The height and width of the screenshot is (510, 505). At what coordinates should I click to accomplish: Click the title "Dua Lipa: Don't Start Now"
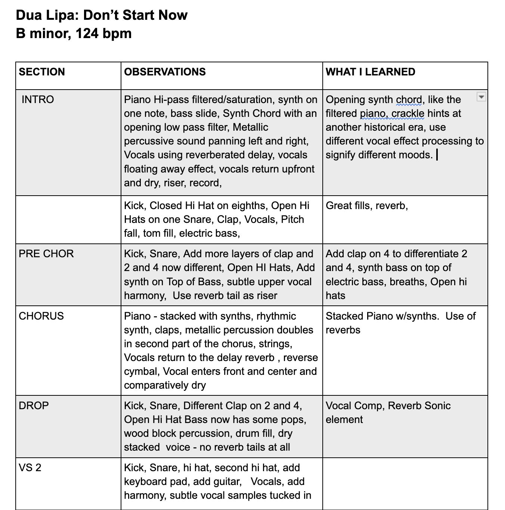[102, 15]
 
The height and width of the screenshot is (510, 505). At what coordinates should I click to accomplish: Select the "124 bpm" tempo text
[103, 34]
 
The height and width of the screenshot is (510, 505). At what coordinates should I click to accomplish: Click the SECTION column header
[42, 72]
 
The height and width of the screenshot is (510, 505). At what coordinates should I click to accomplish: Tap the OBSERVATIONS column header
[165, 72]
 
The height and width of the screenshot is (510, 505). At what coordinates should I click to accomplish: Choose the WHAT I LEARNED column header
[370, 72]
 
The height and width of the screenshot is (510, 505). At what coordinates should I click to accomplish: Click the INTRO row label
[38, 99]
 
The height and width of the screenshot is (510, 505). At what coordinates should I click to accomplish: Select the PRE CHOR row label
[46, 254]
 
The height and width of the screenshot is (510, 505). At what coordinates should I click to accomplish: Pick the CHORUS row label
[41, 316]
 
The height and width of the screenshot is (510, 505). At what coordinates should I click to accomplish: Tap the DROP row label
[34, 405]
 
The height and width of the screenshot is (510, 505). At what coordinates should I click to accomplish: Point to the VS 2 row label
[30, 467]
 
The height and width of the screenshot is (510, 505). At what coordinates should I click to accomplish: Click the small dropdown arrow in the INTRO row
[481, 97]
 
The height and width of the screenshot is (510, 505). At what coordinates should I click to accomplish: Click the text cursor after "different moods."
[437, 155]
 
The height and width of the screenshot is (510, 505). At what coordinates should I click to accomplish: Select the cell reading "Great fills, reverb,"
[367, 205]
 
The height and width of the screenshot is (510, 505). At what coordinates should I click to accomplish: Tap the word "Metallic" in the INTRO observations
[250, 127]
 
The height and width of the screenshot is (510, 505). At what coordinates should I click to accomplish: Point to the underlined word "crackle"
[408, 113]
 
